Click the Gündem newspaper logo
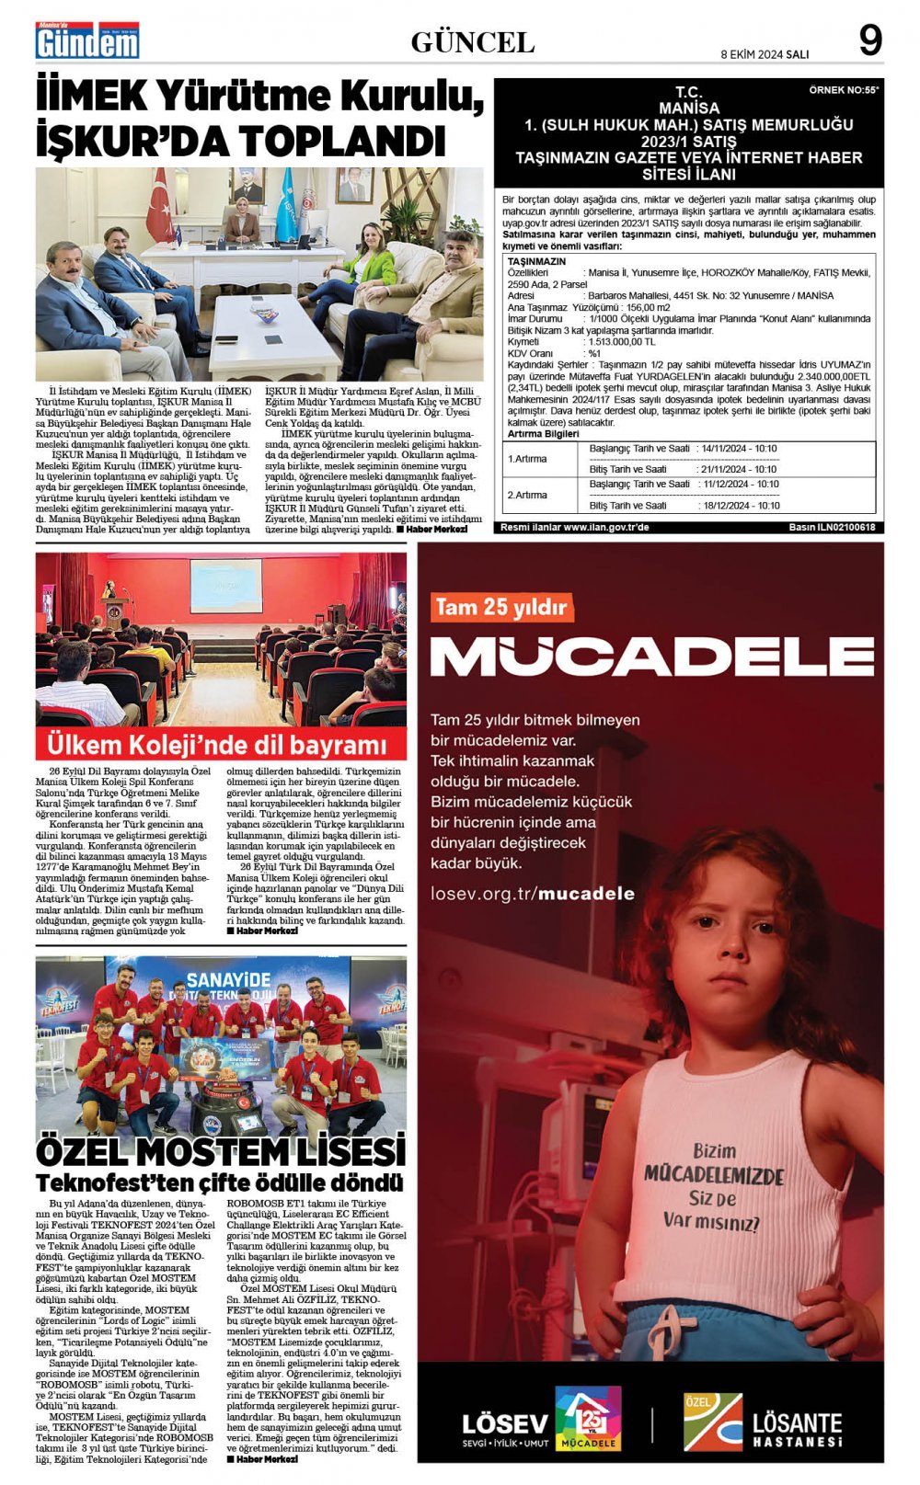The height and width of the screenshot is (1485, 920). tap(87, 40)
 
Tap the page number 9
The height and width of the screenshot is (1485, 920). tap(869, 40)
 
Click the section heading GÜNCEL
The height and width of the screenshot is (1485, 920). tap(472, 42)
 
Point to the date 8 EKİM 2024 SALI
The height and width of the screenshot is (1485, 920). tap(765, 54)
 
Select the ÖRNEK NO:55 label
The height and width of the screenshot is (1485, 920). tap(843, 90)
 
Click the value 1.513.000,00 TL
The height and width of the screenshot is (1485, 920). tap(622, 341)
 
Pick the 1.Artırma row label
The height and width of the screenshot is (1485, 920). tap(527, 458)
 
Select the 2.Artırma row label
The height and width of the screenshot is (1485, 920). tap(527, 495)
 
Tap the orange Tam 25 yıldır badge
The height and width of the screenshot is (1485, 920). tap(501, 607)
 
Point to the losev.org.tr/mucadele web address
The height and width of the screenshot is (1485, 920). tap(532, 893)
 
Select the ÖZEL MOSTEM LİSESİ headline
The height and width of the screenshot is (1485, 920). tap(221, 1151)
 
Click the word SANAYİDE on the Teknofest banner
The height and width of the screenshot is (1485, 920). tap(229, 979)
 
